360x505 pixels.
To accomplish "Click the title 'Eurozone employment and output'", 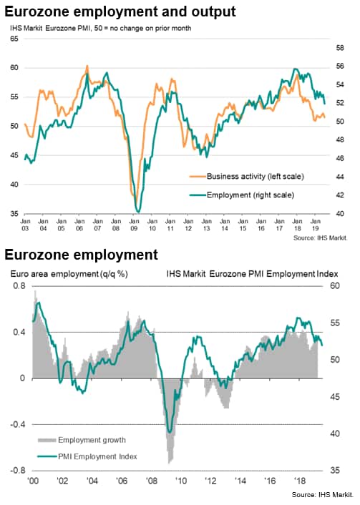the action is coord(120,12).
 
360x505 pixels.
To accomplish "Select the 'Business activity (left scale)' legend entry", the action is coord(246,176).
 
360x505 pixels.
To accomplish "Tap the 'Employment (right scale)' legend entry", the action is coord(242,195).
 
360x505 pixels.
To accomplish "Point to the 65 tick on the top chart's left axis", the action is coord(14,39).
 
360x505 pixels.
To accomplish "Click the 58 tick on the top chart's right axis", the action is coord(340,48).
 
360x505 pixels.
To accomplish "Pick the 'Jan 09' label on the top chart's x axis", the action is coord(134,225).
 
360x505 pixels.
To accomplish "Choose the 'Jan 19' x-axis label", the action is coord(316,225).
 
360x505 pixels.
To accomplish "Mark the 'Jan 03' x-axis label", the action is coord(25,225).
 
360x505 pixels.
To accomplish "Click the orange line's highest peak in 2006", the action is coord(87,66).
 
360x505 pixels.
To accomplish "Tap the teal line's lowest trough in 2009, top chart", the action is coord(138,212).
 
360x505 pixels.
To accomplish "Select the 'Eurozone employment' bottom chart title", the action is coord(81,255).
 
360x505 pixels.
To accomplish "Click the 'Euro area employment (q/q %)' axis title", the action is coord(69,274).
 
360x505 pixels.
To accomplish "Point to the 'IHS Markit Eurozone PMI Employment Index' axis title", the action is coord(253,274).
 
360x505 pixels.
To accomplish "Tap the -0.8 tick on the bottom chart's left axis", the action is coord(18,471).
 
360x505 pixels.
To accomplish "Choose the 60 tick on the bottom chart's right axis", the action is coord(335,285).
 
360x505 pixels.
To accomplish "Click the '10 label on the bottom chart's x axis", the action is coord(181,481).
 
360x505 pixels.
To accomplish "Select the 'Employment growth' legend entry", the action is coord(82,440).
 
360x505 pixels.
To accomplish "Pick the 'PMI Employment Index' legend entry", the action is coord(87,456).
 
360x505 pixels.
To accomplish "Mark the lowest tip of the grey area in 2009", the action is coord(170,463).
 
